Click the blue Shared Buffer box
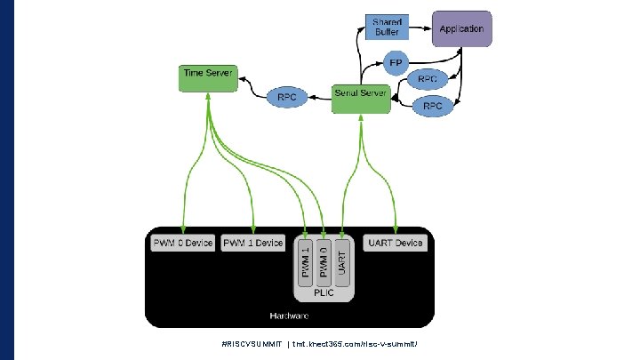pos(387,27)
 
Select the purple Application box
pos(461,28)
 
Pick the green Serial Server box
pos(360,99)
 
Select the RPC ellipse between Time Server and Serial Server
pos(286,95)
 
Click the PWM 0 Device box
pos(182,243)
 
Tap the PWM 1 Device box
pos(253,243)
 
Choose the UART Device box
pos(396,243)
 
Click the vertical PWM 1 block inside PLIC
pos(307,261)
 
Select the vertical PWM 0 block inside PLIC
pos(324,261)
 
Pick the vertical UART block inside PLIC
pos(343,261)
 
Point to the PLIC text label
pos(324,292)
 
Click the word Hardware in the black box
pos(289,316)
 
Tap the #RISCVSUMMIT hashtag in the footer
pos(252,343)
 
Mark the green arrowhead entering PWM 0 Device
pos(182,229)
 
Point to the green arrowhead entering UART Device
pos(396,229)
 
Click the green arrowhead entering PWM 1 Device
pos(254,229)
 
